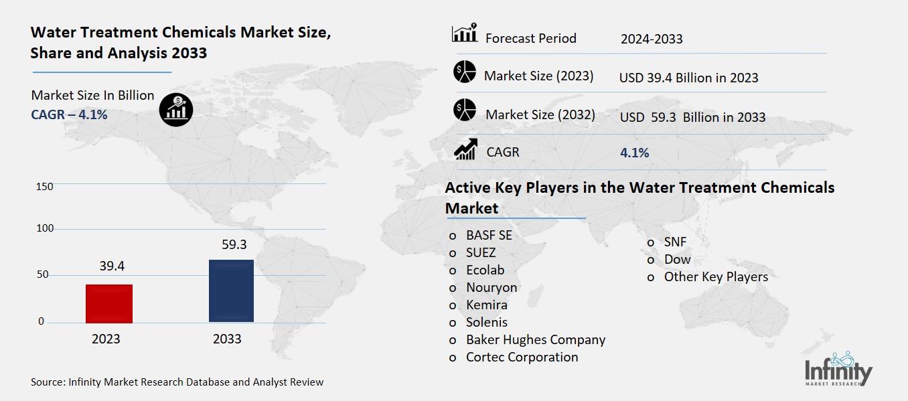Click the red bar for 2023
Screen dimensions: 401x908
coord(109,303)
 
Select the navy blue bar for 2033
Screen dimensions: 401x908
coord(231,291)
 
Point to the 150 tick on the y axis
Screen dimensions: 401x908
coord(44,186)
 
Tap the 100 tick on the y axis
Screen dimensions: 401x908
coord(44,229)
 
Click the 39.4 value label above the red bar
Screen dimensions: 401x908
coord(112,266)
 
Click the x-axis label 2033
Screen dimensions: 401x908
coord(227,339)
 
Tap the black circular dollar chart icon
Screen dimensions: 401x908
coord(176,109)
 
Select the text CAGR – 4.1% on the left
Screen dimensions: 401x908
coord(69,114)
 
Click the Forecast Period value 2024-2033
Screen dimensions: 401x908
coord(651,39)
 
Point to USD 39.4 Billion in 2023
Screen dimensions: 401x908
coord(688,78)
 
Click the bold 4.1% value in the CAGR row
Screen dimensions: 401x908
coord(634,153)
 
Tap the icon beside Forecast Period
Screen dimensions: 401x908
coord(465,33)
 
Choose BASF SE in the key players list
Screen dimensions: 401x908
coord(489,235)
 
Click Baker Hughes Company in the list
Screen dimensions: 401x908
coord(536,339)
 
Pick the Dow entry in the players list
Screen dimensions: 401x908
coord(677,259)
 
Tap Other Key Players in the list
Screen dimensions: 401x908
coord(716,276)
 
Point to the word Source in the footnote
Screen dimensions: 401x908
coord(48,382)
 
